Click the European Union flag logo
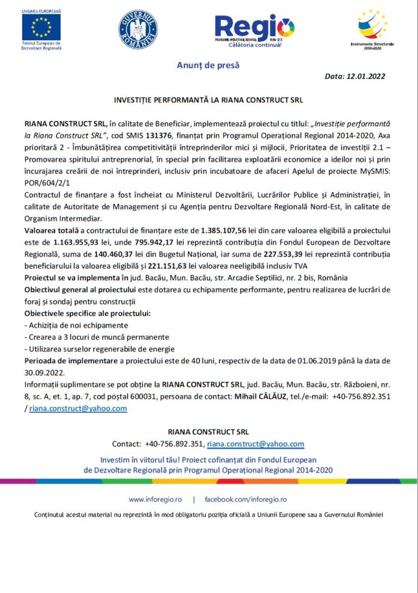41,26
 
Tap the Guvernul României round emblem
138,28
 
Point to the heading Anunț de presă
208,65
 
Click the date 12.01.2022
363,76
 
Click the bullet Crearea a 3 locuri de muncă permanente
97,337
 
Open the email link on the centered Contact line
256,444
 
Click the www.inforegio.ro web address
155,499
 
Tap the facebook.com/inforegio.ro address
246,499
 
